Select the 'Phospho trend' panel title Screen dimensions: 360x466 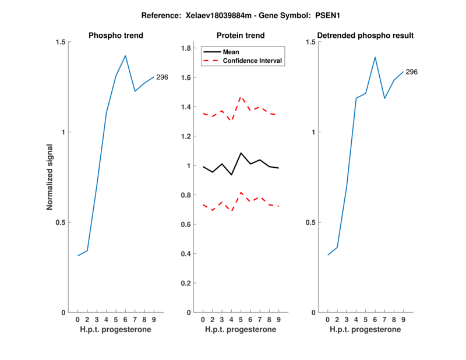[x=116, y=36]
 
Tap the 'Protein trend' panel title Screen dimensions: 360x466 [x=241, y=36]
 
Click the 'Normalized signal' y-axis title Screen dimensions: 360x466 [x=50, y=177]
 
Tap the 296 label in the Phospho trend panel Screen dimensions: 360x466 [x=162, y=77]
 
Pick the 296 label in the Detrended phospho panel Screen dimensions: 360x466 [x=411, y=72]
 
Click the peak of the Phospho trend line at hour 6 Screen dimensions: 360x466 [x=125, y=56]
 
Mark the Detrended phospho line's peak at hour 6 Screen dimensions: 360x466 [x=375, y=57]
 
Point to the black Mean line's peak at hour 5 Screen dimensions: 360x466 [x=241, y=153]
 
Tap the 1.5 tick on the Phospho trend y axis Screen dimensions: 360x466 [x=61, y=43]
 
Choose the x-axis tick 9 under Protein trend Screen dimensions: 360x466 [x=279, y=320]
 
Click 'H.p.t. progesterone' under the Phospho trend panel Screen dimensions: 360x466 [x=116, y=330]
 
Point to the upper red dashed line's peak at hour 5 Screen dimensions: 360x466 [x=241, y=97]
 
